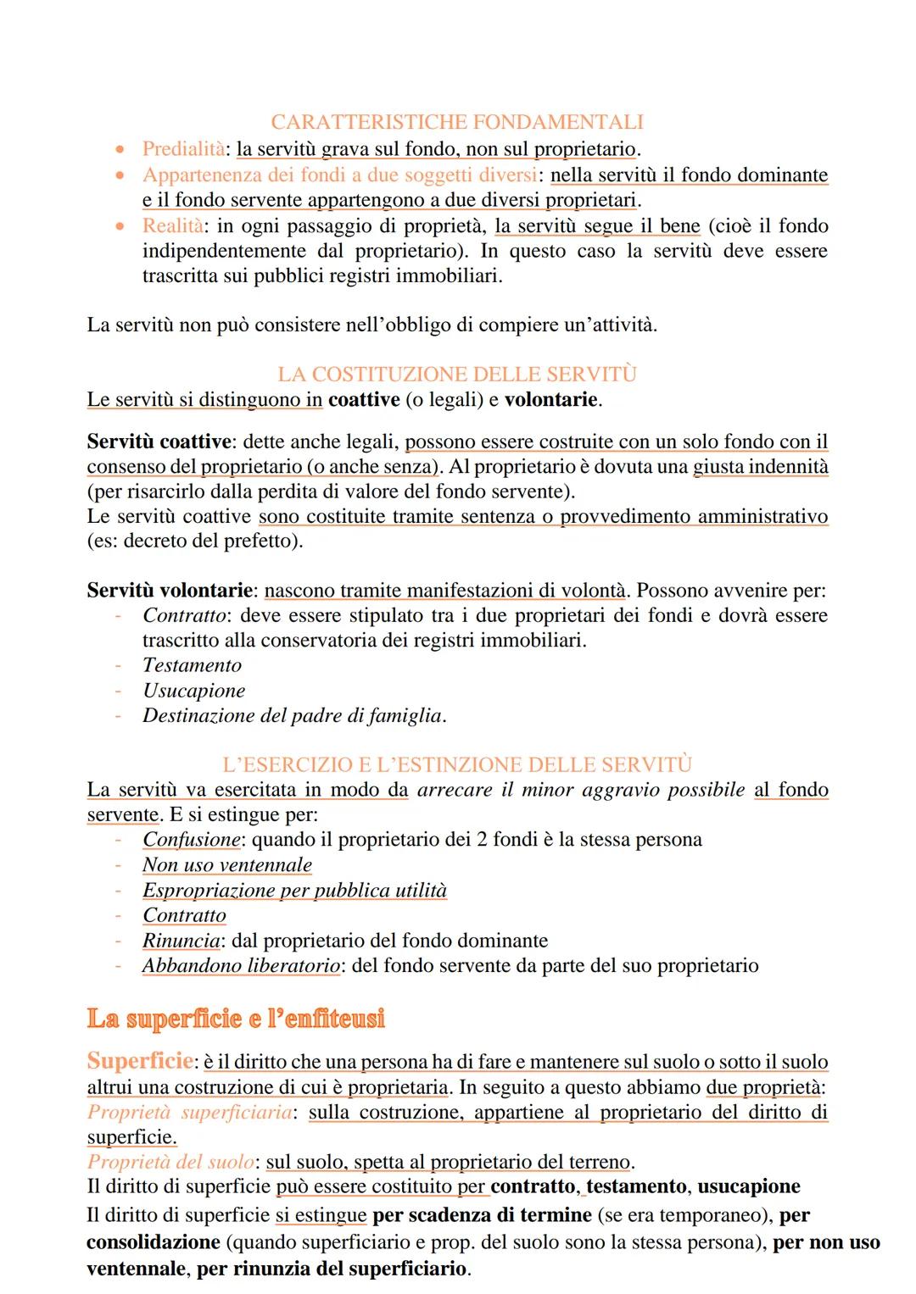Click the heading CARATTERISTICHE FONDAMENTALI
(x=457, y=122)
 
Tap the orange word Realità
(x=172, y=225)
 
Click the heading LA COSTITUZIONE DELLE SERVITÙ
(x=457, y=375)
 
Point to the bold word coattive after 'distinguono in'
(x=364, y=400)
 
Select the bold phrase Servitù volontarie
(x=170, y=591)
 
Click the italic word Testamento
(x=192, y=666)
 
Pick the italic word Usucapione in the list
(x=193, y=691)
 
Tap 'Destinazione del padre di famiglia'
(x=293, y=716)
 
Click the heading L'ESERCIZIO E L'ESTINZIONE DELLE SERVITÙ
(x=457, y=765)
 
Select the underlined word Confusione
(x=191, y=840)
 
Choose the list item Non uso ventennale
(x=226, y=865)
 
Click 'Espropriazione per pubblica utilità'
(x=293, y=891)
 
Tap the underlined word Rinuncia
(x=181, y=941)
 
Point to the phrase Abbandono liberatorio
(x=241, y=966)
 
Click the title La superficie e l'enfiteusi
(x=236, y=1018)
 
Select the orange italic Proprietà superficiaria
(x=190, y=1113)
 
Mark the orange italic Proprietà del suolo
(x=170, y=1163)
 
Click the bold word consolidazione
(x=153, y=1242)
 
